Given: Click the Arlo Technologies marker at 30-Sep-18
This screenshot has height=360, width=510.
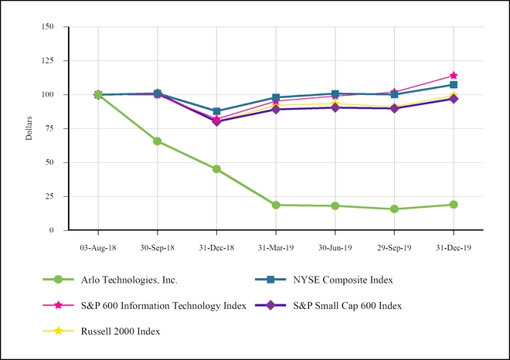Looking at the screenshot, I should [x=157, y=141].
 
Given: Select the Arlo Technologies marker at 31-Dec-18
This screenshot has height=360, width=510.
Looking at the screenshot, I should [x=216, y=169].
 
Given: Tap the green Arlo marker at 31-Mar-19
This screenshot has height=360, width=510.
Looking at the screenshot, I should [x=276, y=205].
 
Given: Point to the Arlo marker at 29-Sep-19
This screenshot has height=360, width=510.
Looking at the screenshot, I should [x=394, y=209].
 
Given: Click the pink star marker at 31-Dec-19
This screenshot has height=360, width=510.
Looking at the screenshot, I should [x=454, y=76].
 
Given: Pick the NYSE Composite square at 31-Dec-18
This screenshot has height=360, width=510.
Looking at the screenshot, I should [x=216, y=111].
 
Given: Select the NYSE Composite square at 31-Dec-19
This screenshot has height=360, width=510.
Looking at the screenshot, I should [x=454, y=84].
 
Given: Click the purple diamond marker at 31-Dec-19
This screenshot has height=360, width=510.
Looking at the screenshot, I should [x=454, y=99].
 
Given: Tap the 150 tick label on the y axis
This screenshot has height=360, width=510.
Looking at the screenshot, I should [x=49, y=26].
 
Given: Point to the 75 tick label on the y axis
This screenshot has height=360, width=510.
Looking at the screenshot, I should [x=51, y=128].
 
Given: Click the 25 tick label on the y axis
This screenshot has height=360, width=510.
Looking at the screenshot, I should [x=51, y=196].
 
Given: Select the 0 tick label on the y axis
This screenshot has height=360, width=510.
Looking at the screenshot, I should [x=53, y=230].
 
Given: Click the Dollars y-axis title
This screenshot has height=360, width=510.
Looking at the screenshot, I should [x=29, y=128].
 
